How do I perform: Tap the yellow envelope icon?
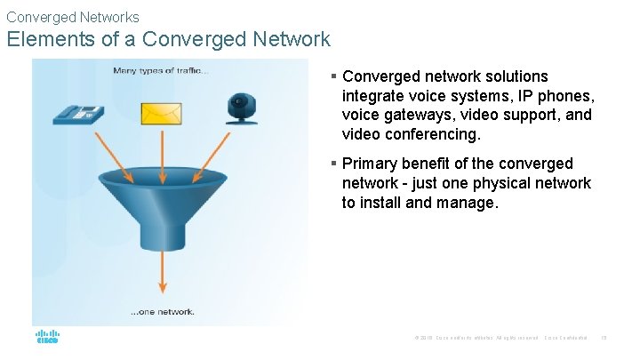(161, 113)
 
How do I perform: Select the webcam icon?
(240, 109)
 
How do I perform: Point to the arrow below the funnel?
(162, 271)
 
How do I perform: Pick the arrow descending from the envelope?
(162, 147)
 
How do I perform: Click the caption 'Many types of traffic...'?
(161, 71)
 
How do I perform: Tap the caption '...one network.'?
(163, 312)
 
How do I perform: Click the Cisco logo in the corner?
(47, 337)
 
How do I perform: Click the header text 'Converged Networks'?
(72, 17)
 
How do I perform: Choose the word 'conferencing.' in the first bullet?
(436, 135)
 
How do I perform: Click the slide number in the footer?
(604, 338)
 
